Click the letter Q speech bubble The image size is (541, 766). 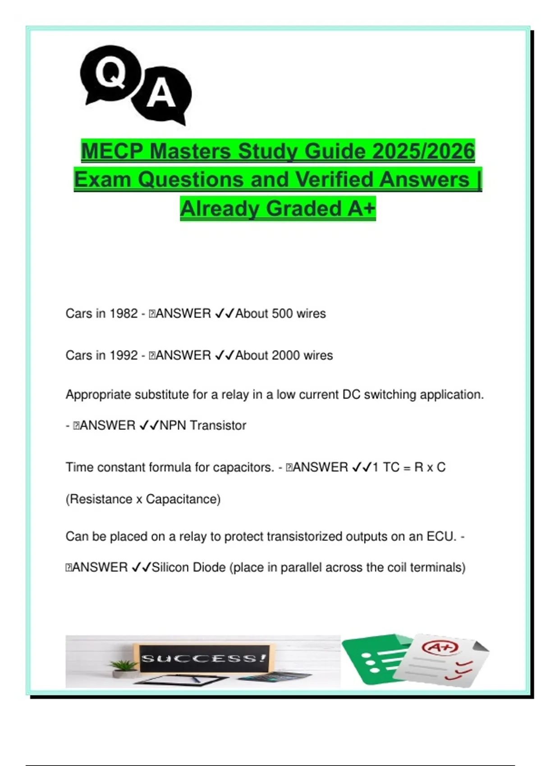pos(110,73)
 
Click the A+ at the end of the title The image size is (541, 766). pos(361,209)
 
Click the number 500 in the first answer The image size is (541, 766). pos(282,314)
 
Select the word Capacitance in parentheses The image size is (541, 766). pos(183,499)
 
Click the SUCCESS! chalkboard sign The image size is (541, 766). pos(204,659)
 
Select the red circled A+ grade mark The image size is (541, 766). pos(439,647)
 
